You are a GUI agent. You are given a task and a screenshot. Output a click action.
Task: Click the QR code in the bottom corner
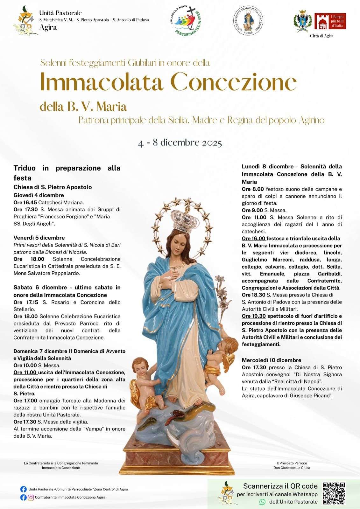334,493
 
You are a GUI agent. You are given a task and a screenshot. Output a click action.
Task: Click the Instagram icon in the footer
31,498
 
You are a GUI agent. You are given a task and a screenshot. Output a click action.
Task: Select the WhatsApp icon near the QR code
262,502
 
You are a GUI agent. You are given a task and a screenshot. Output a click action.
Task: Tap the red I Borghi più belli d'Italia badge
330,21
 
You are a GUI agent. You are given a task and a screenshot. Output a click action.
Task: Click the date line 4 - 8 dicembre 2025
180,143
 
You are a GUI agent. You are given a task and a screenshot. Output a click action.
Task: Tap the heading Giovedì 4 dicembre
39,195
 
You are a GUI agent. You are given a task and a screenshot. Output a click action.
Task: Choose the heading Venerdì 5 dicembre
39,238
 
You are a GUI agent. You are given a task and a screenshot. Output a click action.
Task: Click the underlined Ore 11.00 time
25,372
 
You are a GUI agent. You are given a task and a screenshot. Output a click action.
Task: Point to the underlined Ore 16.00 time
253,238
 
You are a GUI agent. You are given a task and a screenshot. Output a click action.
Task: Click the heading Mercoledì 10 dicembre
271,360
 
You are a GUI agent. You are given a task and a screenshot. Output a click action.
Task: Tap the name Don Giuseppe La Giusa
292,468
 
